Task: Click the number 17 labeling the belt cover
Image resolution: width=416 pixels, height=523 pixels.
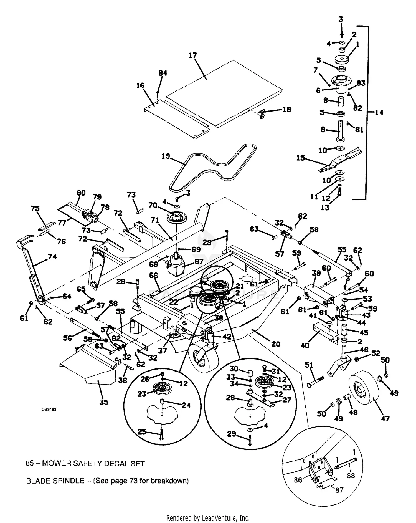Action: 193,55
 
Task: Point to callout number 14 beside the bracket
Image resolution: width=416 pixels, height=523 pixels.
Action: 379,112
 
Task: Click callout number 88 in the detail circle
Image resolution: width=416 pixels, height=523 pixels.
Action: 351,476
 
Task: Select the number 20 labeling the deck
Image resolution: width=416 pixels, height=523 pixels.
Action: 276,344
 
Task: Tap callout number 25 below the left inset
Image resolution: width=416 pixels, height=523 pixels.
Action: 142,432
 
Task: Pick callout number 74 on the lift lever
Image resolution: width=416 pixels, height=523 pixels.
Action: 52,257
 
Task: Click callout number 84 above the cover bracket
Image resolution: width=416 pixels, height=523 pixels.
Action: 163,73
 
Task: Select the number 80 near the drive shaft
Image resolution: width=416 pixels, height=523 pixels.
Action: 81,193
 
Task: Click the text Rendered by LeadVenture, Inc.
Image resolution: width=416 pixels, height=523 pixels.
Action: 208,518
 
